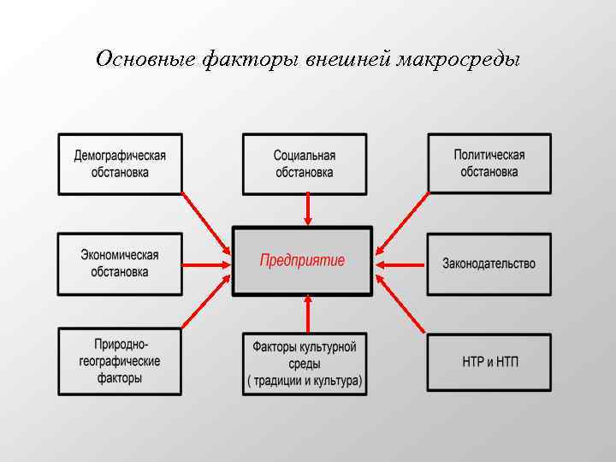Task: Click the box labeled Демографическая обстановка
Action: tap(120, 163)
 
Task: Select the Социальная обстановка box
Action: tap(305, 163)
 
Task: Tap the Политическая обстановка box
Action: tap(489, 163)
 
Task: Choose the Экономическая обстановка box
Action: tap(120, 264)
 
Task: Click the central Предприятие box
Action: tap(303, 261)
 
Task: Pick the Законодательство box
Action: tap(489, 264)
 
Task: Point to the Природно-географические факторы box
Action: tap(120, 361)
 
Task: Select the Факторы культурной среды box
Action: tap(305, 364)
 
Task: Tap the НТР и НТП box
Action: tap(489, 362)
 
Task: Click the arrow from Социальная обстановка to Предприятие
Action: tap(307, 210)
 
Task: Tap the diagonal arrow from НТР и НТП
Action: tap(400, 304)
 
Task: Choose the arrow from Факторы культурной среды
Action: tap(307, 314)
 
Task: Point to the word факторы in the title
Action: tap(247, 60)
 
